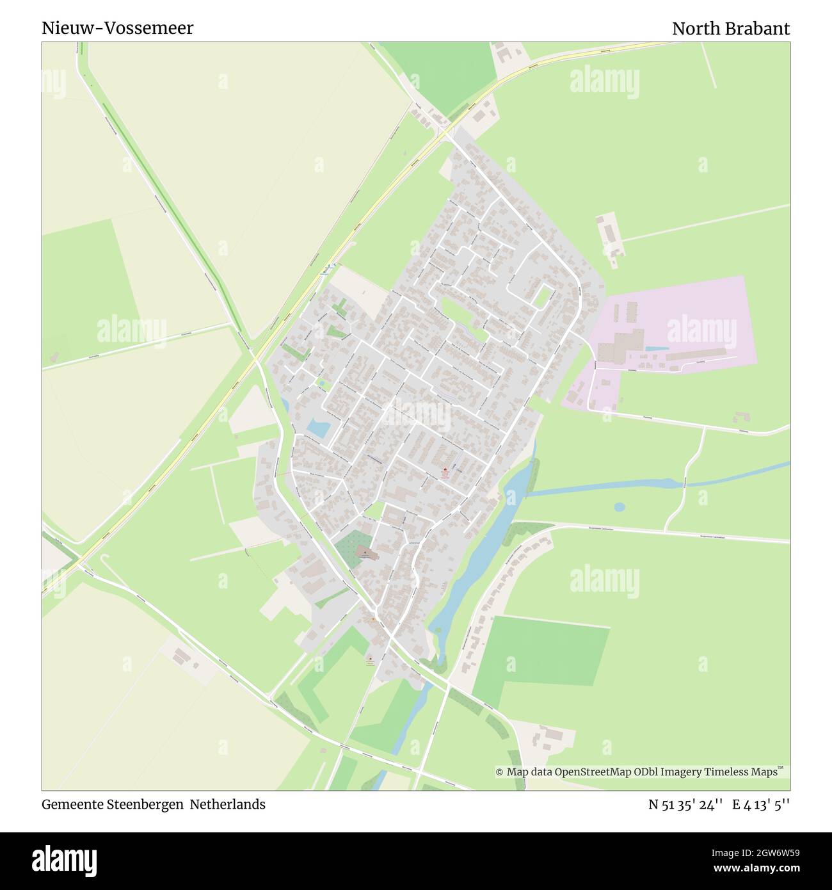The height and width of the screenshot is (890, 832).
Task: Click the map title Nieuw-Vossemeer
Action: tap(117, 28)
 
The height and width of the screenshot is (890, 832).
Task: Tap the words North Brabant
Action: tap(730, 29)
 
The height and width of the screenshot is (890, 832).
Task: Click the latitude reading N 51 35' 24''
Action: tap(685, 804)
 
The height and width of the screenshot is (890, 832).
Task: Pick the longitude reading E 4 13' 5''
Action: tap(761, 804)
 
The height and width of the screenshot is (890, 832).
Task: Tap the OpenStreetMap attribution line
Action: tap(641, 772)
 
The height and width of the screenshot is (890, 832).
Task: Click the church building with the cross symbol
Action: tap(365, 552)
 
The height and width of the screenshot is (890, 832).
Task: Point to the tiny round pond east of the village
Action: tap(619, 506)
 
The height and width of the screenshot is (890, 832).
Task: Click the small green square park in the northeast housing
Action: tap(543, 296)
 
